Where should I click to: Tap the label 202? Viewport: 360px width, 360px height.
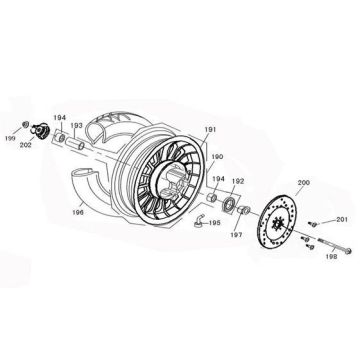pyautogui.click(x=52, y=146)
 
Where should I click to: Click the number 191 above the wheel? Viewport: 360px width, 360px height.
pyautogui.click(x=209, y=131)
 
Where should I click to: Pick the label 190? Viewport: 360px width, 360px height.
pyautogui.click(x=216, y=157)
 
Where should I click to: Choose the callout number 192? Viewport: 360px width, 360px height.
pyautogui.click(x=238, y=182)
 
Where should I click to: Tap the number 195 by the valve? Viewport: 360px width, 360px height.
pyautogui.click(x=214, y=223)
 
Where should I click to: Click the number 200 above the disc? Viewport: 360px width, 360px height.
pyautogui.click(x=276, y=183)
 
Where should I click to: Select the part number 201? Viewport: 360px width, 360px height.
pyautogui.click(x=341, y=219)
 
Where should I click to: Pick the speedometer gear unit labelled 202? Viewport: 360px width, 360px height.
pyautogui.click(x=43, y=131)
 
